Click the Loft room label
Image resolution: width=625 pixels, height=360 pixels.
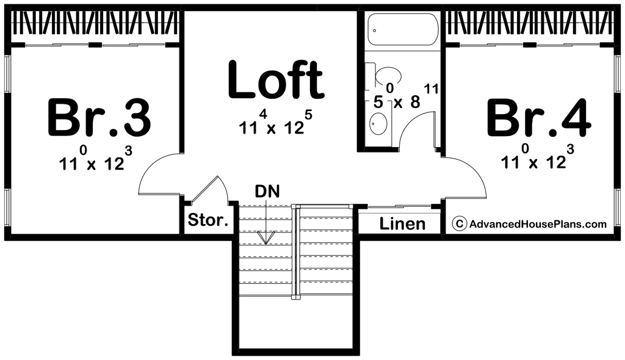pos(275,80)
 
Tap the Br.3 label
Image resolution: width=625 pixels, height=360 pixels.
pos(99,118)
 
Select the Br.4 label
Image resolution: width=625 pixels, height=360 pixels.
pos(539,118)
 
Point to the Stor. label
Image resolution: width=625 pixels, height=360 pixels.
pos(208,220)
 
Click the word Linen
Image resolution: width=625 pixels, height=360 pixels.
pos(403,224)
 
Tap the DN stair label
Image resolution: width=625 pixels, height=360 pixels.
pos(267,192)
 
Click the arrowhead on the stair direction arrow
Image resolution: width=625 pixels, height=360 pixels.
pos(266,238)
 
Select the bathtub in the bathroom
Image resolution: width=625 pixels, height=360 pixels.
pos(402,29)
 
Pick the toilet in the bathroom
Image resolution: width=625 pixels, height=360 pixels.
pos(385,75)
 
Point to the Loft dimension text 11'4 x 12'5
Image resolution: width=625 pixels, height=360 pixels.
pos(276,123)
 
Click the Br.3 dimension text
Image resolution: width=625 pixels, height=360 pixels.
pos(96,158)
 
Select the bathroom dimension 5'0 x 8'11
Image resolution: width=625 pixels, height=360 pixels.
pos(406,96)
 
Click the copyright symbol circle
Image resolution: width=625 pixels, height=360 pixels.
pos(460,224)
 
